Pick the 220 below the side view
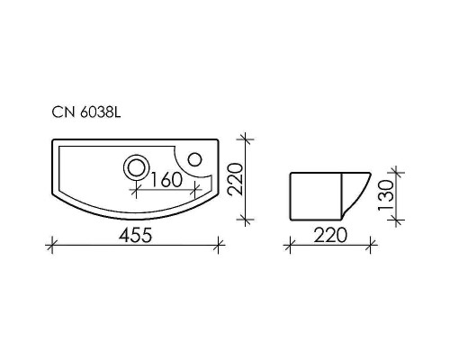click(x=330, y=236)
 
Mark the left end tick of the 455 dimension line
click(x=51, y=241)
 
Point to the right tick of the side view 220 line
click(x=371, y=243)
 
